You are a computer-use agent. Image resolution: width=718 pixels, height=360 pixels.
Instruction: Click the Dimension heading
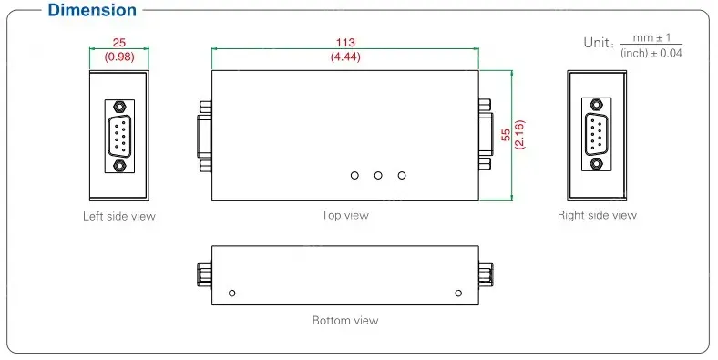tap(92, 10)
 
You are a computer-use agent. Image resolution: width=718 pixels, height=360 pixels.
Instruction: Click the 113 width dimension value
tap(345, 43)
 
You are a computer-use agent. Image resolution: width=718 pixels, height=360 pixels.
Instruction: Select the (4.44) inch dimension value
tap(345, 57)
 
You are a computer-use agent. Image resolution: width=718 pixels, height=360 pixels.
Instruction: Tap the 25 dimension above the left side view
tap(119, 43)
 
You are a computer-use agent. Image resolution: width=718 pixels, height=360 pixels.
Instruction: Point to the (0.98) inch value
tap(119, 57)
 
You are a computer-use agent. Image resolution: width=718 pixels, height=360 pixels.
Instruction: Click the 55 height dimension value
tap(506, 135)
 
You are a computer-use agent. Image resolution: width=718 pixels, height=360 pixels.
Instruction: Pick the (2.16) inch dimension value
tap(519, 135)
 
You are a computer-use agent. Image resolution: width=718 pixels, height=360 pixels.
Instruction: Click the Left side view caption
tap(119, 216)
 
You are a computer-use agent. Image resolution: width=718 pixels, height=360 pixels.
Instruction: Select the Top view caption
tap(344, 215)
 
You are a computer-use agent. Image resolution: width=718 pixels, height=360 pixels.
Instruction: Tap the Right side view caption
tap(597, 215)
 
